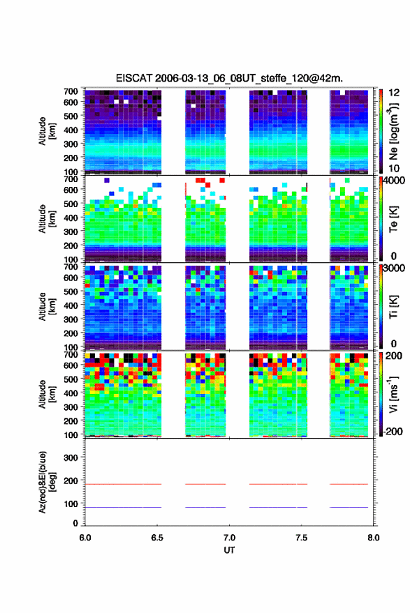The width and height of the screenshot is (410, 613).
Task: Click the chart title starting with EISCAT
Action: coord(229,78)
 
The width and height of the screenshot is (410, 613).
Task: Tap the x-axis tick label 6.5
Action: coord(157,538)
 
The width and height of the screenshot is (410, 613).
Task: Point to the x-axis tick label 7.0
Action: coord(229,538)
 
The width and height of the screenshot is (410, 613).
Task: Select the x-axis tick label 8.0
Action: coord(373,538)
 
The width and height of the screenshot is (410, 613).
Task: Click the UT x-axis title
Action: coord(229,550)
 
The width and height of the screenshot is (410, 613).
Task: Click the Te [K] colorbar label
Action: coord(393,219)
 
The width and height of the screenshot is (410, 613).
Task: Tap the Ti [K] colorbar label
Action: coord(393,307)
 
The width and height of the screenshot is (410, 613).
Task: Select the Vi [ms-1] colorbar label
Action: coord(393,394)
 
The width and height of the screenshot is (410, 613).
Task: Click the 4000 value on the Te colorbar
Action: coord(394,181)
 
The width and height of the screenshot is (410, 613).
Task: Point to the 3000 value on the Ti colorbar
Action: coord(394,268)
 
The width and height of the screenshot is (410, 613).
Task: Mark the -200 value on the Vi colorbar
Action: coord(393,431)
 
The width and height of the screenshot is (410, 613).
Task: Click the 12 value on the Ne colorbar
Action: coord(394,93)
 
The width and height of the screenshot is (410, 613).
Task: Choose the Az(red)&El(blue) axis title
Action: coord(47,482)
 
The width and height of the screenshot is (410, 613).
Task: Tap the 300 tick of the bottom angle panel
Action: coord(71,457)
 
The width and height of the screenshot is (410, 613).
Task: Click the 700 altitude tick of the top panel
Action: coord(71,91)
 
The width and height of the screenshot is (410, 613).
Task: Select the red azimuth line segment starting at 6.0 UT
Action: coord(123,484)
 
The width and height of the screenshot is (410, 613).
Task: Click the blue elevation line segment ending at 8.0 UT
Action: coord(349,507)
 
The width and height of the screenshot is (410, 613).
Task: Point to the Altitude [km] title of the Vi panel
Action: coord(47,394)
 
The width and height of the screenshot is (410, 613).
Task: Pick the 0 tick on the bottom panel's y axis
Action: coord(75,523)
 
